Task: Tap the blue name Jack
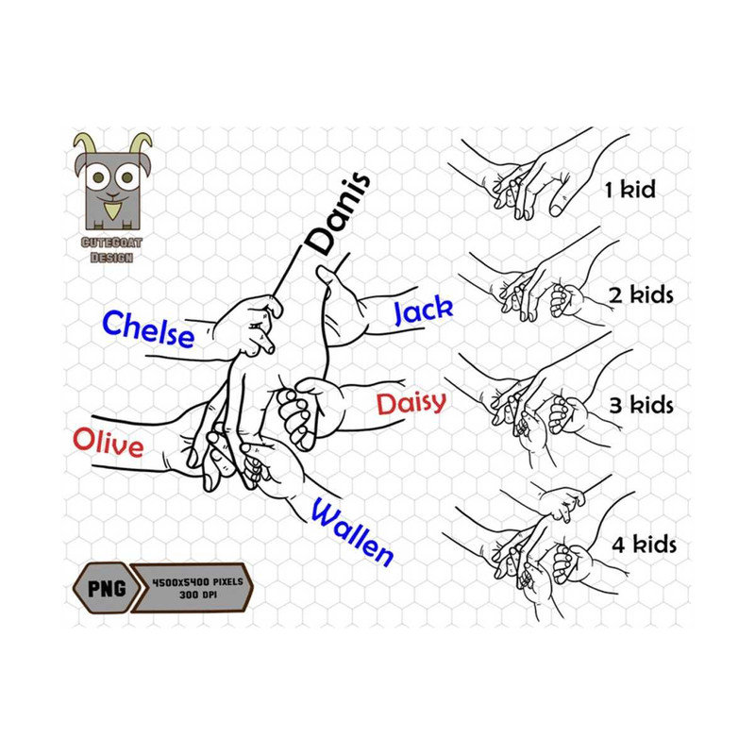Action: [422, 310]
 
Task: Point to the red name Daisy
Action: [411, 404]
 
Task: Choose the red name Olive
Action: [109, 443]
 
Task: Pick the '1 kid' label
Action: [629, 191]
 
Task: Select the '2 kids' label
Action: [641, 295]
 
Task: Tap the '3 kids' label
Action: [641, 406]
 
